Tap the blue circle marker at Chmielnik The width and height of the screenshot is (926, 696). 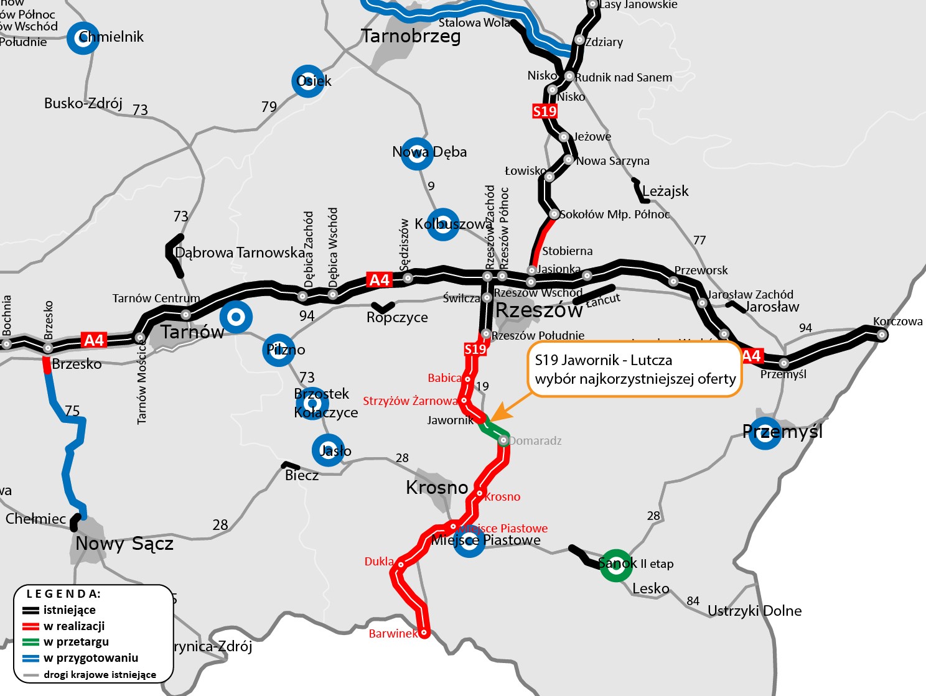[x=83, y=38]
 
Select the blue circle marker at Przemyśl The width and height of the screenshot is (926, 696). [x=764, y=433]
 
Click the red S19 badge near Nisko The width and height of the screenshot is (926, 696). [x=545, y=111]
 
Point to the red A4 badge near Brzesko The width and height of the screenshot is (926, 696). [x=94, y=340]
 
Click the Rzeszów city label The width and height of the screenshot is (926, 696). [x=539, y=310]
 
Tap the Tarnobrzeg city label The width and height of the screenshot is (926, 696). [x=411, y=36]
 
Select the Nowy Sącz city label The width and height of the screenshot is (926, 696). [x=124, y=544]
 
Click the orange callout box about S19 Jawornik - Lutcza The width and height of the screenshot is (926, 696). [x=635, y=369]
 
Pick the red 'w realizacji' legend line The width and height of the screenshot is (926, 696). [x=31, y=626]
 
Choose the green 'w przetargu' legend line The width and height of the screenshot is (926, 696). [x=31, y=642]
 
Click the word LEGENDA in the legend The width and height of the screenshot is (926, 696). [x=63, y=594]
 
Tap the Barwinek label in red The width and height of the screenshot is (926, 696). [x=393, y=634]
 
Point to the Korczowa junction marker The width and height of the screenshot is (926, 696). [x=881, y=335]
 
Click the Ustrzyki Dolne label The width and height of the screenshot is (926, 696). [x=754, y=611]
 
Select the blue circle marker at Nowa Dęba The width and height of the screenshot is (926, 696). [x=416, y=154]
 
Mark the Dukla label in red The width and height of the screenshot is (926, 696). [x=379, y=562]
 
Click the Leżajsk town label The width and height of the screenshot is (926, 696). [x=665, y=191]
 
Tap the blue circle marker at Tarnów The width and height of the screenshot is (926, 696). [x=236, y=318]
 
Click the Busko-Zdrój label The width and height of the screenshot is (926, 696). [x=83, y=103]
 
